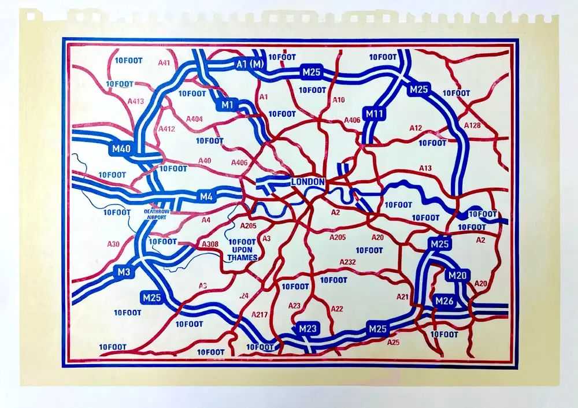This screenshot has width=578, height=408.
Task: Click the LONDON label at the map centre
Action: coord(309,182)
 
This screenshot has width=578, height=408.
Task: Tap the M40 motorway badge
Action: coord(121,149)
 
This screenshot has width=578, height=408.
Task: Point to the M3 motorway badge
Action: coord(124,272)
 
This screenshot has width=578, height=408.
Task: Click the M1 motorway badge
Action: coord(227,105)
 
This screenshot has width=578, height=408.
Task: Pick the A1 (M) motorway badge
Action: coord(249,64)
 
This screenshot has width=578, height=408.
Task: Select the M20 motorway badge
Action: coord(457,276)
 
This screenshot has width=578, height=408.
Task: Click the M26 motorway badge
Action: coord(444,301)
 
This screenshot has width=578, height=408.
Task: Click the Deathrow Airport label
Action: coord(155,214)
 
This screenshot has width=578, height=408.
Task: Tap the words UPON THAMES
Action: coord(242,254)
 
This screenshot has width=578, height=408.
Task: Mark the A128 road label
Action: coord(472,125)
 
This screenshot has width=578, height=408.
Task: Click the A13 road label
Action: coord(425,168)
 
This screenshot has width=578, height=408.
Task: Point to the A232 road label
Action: coord(347,262)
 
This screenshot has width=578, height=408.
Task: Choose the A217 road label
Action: coord(260,314)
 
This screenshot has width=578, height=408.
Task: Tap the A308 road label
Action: coord(210,244)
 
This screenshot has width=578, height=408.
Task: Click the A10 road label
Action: coord(339,100)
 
